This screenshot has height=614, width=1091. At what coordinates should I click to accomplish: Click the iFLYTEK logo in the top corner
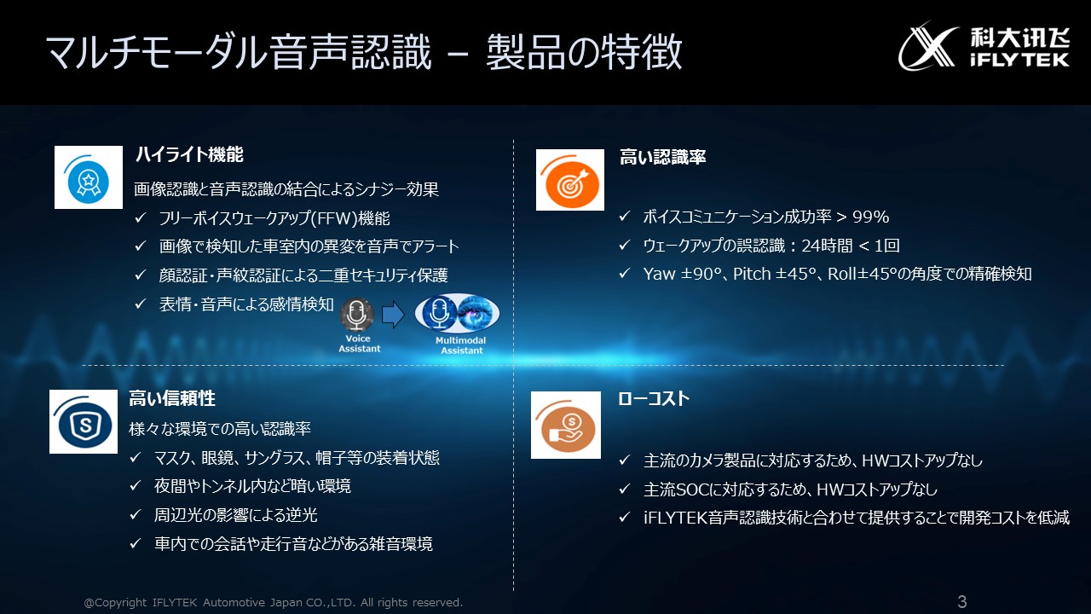point(984,46)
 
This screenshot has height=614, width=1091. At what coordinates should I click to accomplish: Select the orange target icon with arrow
point(570,180)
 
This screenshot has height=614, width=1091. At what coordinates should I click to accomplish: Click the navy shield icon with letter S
point(84,421)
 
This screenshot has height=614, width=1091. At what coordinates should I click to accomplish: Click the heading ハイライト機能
point(189,154)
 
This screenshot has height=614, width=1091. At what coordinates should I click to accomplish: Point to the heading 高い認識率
point(662,157)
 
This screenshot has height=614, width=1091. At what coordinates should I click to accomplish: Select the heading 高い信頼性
point(172,398)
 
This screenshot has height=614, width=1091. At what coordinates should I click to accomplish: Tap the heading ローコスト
point(654,398)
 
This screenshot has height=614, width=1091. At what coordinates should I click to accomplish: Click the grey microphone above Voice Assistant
point(357,315)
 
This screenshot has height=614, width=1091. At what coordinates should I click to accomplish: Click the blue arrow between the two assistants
point(393,315)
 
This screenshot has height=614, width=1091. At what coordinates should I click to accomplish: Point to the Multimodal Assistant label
point(461,345)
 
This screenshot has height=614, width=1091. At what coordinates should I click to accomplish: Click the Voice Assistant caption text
point(360,344)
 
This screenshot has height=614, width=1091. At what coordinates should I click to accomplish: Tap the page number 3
point(962,602)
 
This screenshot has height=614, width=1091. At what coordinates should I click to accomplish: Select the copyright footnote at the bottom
point(274,602)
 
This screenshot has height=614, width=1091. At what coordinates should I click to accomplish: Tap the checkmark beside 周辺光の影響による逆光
point(136,514)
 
